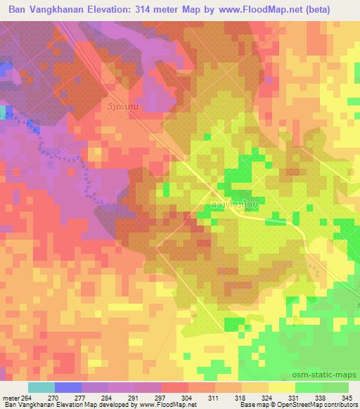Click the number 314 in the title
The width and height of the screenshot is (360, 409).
click(157, 8)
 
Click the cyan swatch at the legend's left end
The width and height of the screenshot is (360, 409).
click(41, 387)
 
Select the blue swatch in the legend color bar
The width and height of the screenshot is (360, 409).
click(68, 387)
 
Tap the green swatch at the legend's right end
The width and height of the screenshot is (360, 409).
click(335, 387)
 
